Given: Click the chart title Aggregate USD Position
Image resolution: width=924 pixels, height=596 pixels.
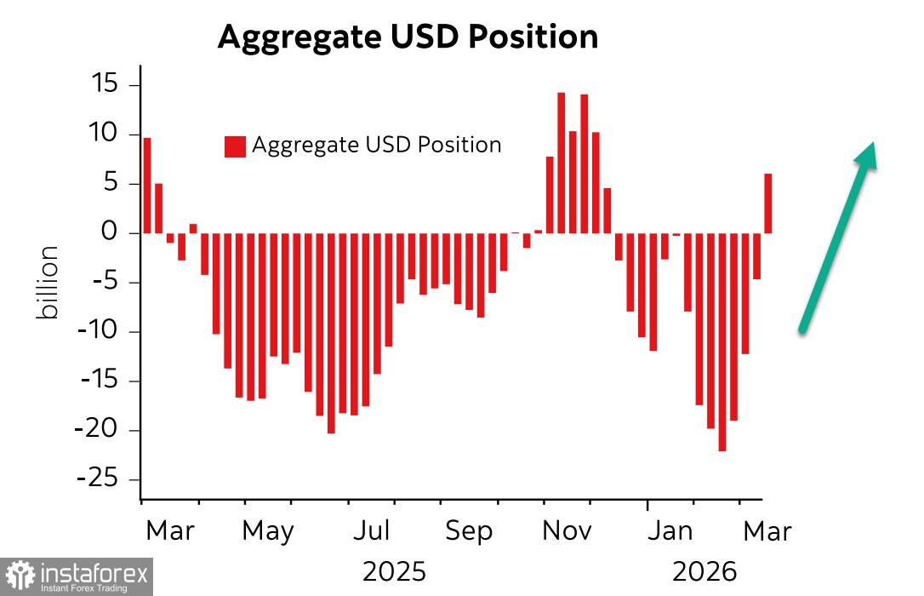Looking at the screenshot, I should (408, 37).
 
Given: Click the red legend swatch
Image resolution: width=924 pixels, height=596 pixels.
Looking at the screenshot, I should (235, 146).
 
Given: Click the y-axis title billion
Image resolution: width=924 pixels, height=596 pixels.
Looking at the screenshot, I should (48, 283).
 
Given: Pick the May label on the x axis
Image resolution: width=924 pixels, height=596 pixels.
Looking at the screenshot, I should (267, 531).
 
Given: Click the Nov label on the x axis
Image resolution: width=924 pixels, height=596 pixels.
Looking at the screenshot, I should (568, 531).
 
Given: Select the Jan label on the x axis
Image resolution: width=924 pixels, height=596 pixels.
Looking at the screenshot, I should (670, 531).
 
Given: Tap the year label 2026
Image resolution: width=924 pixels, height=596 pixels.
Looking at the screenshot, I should (704, 571).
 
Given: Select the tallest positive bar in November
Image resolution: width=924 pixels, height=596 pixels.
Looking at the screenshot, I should (562, 162).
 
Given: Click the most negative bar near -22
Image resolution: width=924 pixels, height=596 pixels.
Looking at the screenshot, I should (722, 341).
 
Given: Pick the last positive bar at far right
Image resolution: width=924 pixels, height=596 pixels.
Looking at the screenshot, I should (767, 203).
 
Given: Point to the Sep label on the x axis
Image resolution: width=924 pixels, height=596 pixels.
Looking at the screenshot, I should (469, 531).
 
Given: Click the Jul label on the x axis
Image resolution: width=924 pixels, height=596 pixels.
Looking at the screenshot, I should (371, 531).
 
